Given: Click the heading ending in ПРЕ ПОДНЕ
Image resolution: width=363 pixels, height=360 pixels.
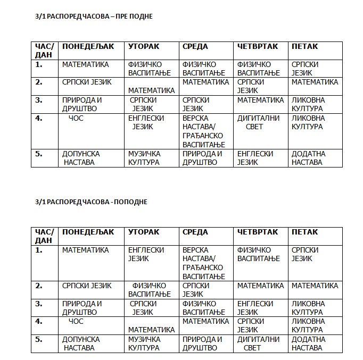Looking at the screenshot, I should [94, 16].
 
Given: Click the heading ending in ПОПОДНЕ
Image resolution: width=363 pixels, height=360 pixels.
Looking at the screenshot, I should [91, 202].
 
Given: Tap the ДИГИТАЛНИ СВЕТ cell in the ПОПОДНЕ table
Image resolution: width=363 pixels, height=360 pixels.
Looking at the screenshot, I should [258, 344].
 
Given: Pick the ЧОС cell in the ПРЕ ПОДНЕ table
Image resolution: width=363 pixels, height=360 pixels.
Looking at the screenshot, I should [76, 118].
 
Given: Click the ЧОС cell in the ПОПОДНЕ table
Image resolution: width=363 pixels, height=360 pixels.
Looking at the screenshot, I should [76, 321].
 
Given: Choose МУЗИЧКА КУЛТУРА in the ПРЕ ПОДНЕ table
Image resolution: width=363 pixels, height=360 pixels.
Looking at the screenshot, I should [144, 158].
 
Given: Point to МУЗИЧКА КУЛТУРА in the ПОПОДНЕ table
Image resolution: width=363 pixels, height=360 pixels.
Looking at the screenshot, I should [144, 344].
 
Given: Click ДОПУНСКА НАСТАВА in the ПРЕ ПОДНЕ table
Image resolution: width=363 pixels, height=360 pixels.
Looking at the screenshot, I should [81, 158].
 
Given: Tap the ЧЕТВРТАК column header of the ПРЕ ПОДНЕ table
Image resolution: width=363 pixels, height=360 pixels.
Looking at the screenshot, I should [258, 46].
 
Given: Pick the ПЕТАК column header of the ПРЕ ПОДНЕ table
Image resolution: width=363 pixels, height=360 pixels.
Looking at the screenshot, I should [305, 46].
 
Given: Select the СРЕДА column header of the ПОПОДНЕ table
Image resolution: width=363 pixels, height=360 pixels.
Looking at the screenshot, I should [195, 232].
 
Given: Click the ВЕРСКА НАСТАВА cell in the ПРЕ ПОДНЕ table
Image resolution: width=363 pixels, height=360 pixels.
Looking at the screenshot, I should [204, 131].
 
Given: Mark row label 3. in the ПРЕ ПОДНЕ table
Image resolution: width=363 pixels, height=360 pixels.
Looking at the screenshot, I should [39, 100].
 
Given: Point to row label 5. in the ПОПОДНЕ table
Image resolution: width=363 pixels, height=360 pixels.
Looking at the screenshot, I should [39, 339].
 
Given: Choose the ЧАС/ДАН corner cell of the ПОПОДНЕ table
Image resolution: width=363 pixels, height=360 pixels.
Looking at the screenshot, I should [44, 236].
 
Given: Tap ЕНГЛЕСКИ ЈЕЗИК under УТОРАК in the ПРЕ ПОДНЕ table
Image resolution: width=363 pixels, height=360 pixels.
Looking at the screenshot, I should [146, 122].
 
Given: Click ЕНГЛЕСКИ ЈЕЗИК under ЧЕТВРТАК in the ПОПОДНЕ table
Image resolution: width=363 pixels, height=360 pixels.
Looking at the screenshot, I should [255, 308].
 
